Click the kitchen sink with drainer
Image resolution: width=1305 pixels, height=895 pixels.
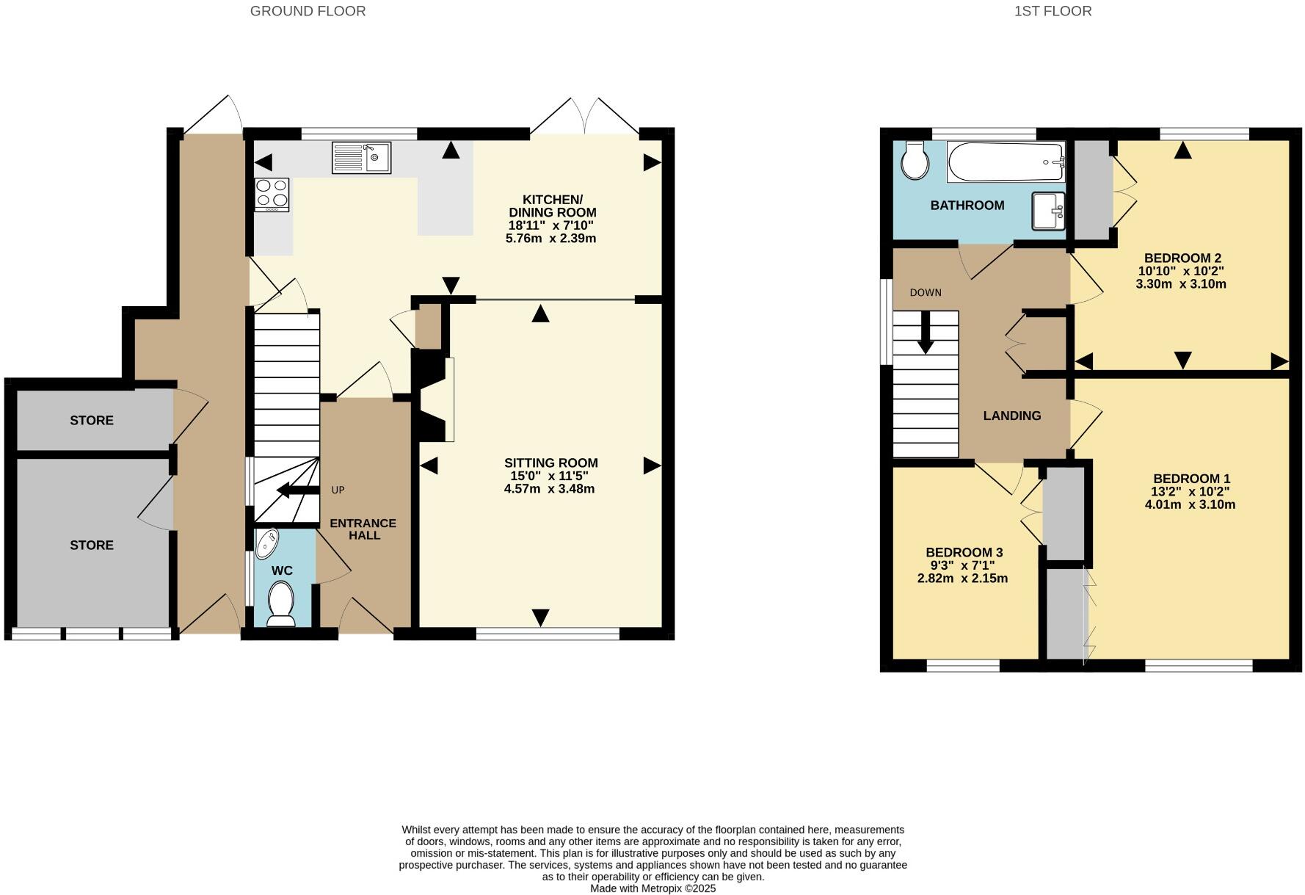(x=361, y=157)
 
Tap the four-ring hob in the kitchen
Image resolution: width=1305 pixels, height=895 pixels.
(x=272, y=195)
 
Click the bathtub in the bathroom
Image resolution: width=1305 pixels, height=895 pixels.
(x=1006, y=162)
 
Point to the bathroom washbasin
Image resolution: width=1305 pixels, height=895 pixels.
(x=1048, y=211)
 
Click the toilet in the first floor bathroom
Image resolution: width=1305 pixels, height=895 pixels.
(x=915, y=160)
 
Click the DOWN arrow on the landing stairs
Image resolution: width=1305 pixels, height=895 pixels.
(x=926, y=332)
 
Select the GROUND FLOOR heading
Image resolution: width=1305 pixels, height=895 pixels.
(x=308, y=11)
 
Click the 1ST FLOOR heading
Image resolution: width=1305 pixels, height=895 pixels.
(x=1053, y=11)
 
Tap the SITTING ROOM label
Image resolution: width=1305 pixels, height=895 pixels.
(x=550, y=463)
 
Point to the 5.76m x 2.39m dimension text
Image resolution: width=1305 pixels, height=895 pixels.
(x=550, y=239)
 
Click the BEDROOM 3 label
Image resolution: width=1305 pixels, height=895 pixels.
(x=964, y=552)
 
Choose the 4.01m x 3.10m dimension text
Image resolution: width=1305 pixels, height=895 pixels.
(x=1190, y=504)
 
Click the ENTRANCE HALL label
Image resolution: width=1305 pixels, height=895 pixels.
(x=363, y=529)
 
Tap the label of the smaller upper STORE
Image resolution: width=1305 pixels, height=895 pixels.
(x=92, y=420)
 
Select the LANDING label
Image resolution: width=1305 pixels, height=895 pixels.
(x=1011, y=416)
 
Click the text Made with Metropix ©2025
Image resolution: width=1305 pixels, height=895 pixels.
(x=652, y=888)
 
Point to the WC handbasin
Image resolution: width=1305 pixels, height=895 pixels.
(x=268, y=544)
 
